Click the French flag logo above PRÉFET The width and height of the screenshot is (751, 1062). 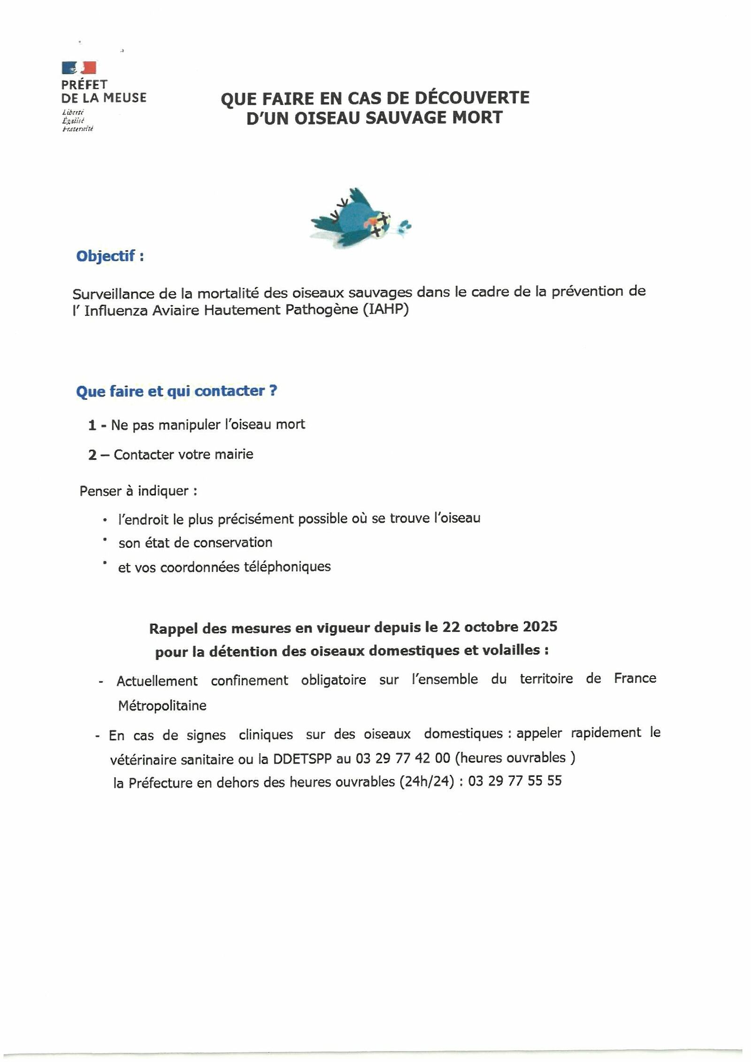coord(79,68)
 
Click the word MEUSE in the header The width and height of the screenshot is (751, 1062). coord(125,98)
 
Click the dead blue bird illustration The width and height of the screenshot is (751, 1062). coord(359,218)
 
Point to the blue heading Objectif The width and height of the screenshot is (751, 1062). coord(110,256)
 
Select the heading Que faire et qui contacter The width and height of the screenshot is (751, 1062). coord(176,391)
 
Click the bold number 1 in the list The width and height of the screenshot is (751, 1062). coord(92,425)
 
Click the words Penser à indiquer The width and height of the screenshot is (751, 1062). coord(138,491)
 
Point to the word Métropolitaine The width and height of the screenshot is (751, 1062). coord(162,706)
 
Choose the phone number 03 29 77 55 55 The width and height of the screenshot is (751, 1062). coord(515,781)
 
